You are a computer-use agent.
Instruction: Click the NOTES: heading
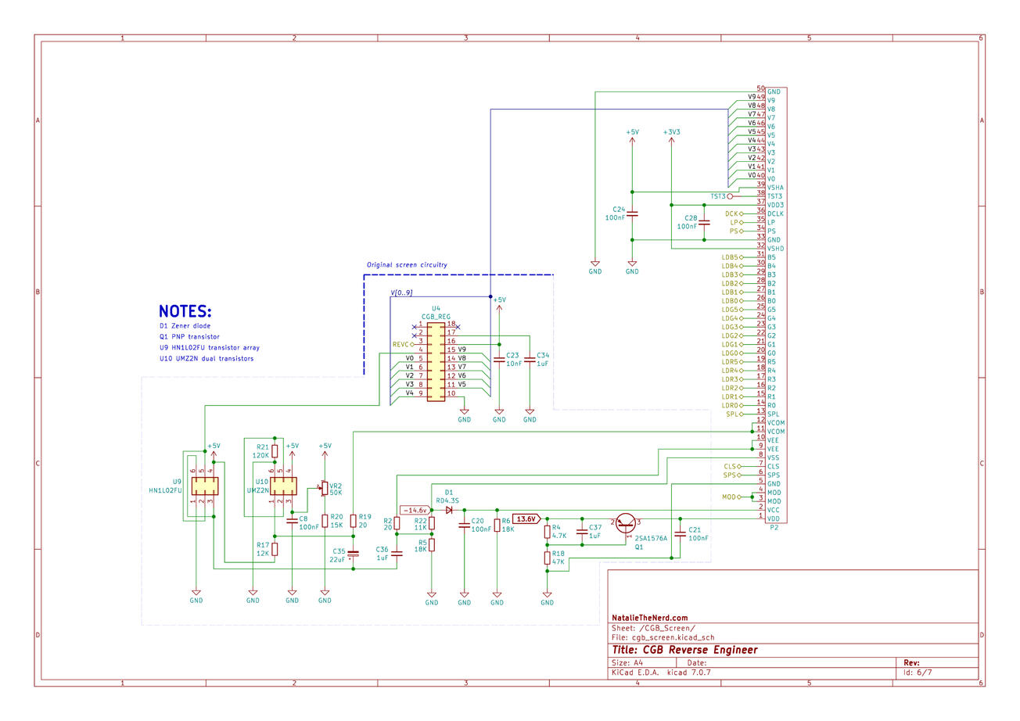pyautogui.click(x=185, y=311)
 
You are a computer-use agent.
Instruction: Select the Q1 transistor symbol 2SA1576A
pyautogui.click(x=626, y=524)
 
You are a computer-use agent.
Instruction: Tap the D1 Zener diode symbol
pyautogui.click(x=449, y=510)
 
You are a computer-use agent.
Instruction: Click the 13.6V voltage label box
pyautogui.click(x=526, y=518)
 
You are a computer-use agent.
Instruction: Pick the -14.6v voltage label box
pyautogui.click(x=415, y=510)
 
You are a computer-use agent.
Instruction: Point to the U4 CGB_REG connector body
pyautogui.click(x=436, y=359)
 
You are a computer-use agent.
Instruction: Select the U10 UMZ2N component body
pyautogui.click(x=283, y=486)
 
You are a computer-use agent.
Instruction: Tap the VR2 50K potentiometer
pyautogui.click(x=325, y=488)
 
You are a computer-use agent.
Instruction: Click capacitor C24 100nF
pyautogui.click(x=632, y=213)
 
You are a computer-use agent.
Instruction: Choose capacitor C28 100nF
pyautogui.click(x=704, y=222)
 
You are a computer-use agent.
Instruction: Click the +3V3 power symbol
pyautogui.click(x=671, y=134)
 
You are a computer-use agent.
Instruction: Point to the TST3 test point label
pyautogui.click(x=718, y=196)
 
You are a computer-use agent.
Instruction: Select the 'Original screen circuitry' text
pyautogui.click(x=407, y=265)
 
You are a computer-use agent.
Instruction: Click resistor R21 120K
pyautogui.click(x=275, y=451)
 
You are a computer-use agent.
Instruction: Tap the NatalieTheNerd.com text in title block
pyautogui.click(x=650, y=618)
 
